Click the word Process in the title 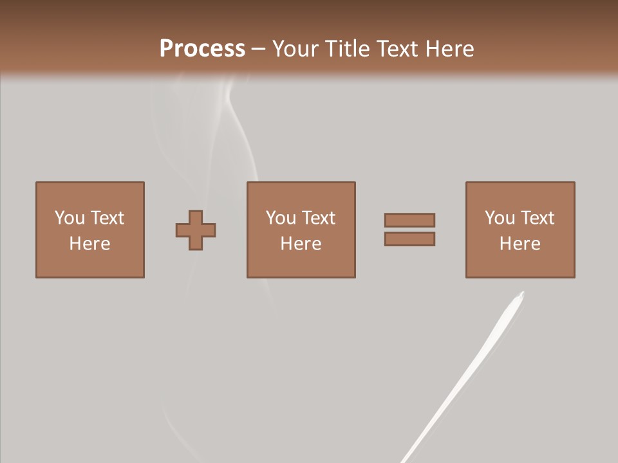coord(202,49)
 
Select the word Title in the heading coord(348,49)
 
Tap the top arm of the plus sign coord(196,216)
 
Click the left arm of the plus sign coord(182,230)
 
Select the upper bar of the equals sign coord(409,220)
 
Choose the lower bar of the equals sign coord(409,239)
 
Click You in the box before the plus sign coord(70,218)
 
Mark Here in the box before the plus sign coord(89,244)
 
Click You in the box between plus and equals coord(281,218)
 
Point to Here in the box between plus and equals coord(301,244)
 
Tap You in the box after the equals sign coord(500,218)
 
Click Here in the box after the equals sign coord(520,244)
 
